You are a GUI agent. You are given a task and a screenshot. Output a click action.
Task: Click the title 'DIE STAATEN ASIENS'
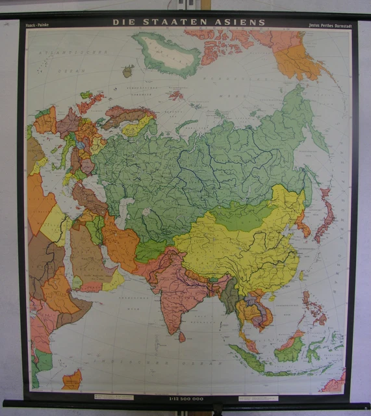click(189, 22)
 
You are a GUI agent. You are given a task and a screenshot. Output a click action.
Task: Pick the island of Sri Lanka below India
click(183, 337)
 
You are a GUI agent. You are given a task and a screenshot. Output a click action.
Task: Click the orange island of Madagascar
click(72, 380)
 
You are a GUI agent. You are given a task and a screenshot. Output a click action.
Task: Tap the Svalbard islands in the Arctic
click(175, 95)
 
